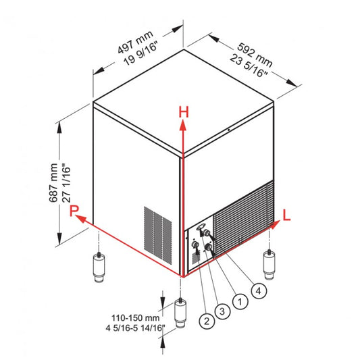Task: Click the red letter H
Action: point(182,111)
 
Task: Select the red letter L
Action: point(287,215)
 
